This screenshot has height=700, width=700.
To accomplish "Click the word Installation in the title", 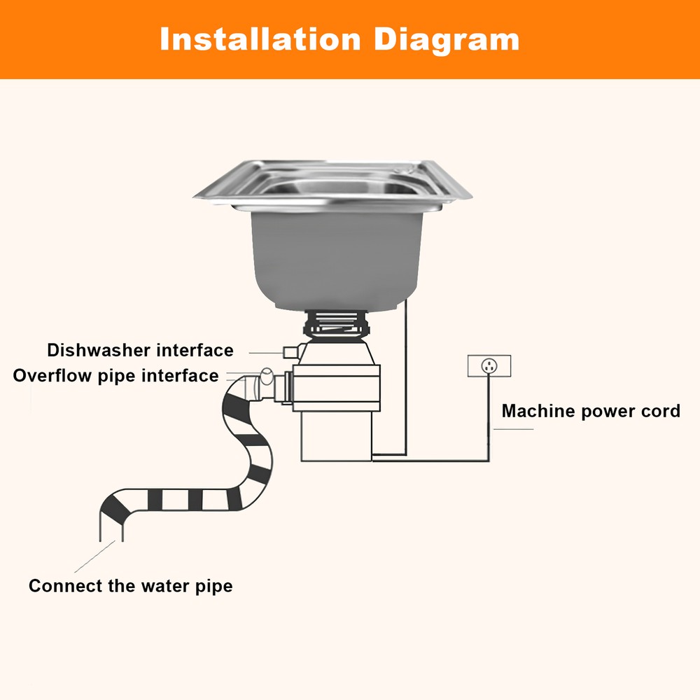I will pos(260,39).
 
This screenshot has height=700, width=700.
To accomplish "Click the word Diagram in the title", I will pos(446,39).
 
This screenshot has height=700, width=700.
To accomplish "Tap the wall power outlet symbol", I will pos(489,365).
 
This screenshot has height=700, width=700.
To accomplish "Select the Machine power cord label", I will pos(591,411).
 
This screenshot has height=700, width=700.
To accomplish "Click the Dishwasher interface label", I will pos(140,350).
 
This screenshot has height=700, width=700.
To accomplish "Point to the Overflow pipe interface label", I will pos(115,376).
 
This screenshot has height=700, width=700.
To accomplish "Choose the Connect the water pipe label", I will pos(130,585).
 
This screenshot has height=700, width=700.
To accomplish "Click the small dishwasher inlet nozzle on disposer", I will pos(288,349).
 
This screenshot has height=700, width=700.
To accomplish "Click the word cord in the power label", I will pos(662,411).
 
